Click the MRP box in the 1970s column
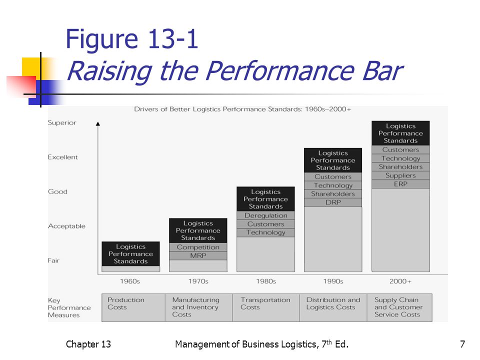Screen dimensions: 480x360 coord(198,255)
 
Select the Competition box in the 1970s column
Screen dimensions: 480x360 coord(198,247)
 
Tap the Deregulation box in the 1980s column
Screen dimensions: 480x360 coord(265,215)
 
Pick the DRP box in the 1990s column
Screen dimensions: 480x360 coord(333,202)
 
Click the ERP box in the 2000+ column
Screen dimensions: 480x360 coord(400,184)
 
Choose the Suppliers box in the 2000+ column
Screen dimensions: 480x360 coord(400,175)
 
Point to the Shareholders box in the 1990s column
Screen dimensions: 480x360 coord(333,194)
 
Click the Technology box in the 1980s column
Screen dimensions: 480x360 coord(265,232)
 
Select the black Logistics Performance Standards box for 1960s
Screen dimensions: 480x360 coord(130,254)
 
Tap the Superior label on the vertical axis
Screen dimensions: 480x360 coord(62,123)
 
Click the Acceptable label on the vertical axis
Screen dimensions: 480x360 coord(66,226)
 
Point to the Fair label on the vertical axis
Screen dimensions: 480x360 coord(54,260)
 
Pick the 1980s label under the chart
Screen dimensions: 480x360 coord(266,281)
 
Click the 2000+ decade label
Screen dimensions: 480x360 coord(400,281)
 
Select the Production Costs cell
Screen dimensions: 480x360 coord(133,307)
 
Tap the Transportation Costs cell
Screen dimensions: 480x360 coord(266,307)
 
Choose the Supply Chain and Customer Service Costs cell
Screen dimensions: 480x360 coord(399,307)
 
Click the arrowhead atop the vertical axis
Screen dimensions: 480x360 coord(98,123)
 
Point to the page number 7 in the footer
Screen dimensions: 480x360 coord(462,344)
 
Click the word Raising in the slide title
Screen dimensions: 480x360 coord(109,72)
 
